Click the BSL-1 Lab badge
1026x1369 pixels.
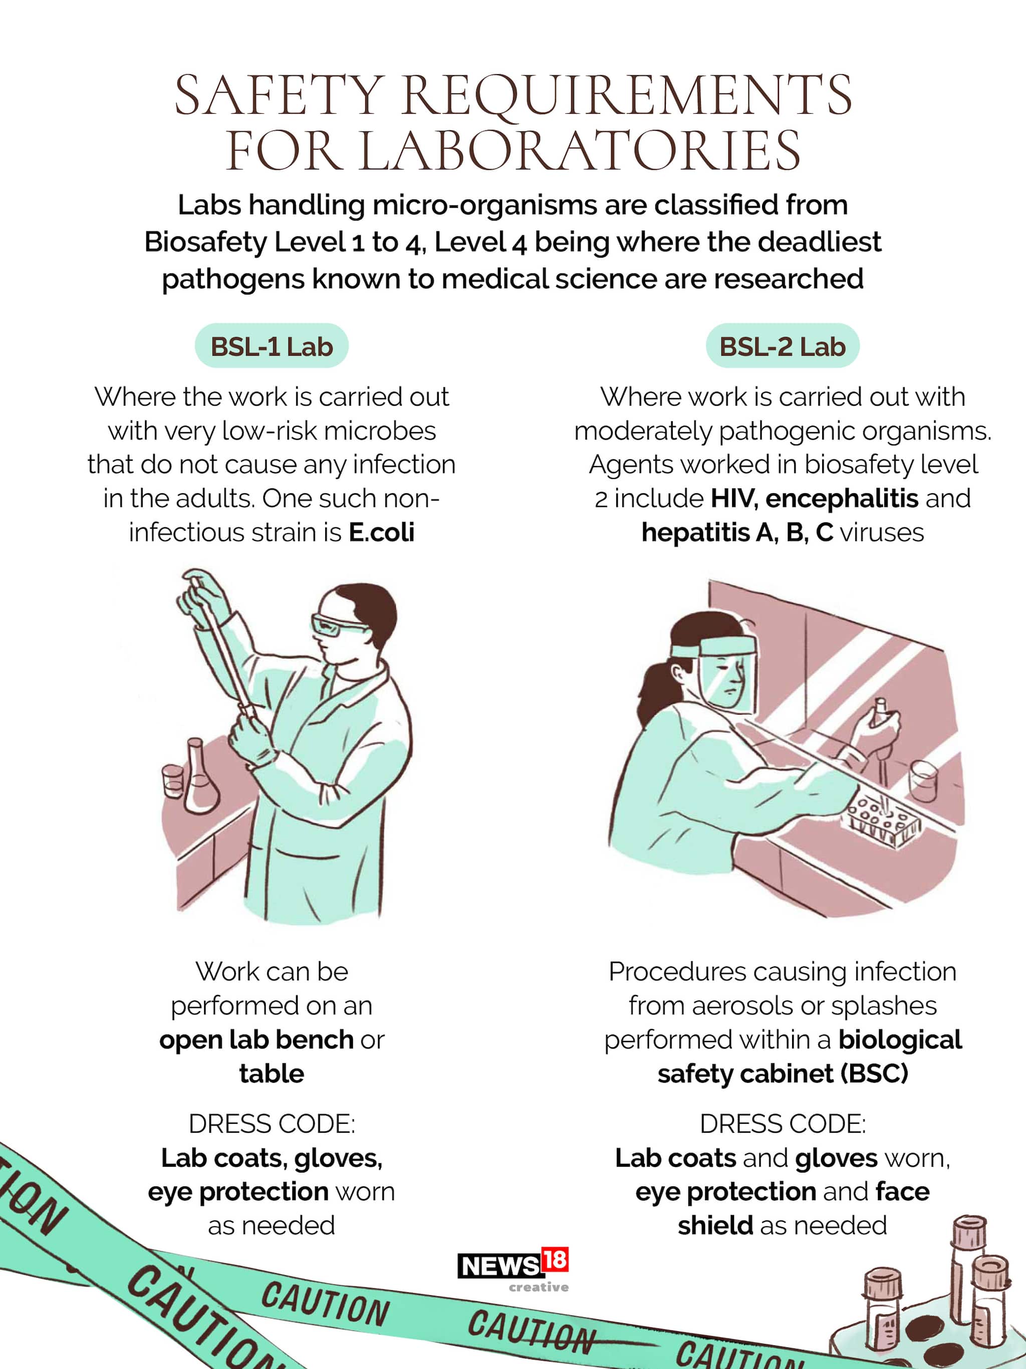pyautogui.click(x=272, y=346)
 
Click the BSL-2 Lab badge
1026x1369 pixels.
pyautogui.click(x=783, y=346)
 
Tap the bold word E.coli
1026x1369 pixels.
pyautogui.click(x=382, y=532)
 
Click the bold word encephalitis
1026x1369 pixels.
pyautogui.click(x=842, y=499)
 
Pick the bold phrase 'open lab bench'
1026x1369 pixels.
pyautogui.click(x=256, y=1040)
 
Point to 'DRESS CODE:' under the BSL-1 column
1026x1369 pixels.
pyautogui.click(x=272, y=1124)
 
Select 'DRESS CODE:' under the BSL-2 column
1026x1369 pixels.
pyautogui.click(x=783, y=1124)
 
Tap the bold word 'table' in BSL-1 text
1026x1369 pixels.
pyautogui.click(x=272, y=1074)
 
